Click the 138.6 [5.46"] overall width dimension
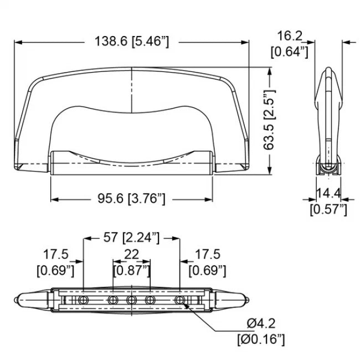click(x=131, y=42)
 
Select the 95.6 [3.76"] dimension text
click(x=131, y=198)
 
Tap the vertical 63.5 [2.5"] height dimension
click(x=270, y=121)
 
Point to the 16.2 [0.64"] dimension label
click(x=289, y=44)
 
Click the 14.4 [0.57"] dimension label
click(x=328, y=202)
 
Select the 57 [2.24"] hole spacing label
click(x=131, y=238)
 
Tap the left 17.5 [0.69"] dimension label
click(x=55, y=263)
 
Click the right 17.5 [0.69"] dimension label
click(x=208, y=263)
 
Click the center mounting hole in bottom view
click(x=131, y=300)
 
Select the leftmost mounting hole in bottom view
click(x=84, y=300)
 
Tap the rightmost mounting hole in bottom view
click(x=179, y=300)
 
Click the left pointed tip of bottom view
click(x=16, y=300)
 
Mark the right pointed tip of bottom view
click(x=248, y=300)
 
